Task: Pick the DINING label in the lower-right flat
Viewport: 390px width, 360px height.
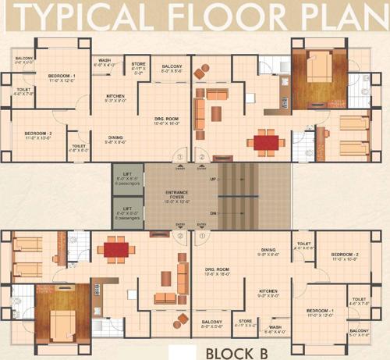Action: tap(268, 251)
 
